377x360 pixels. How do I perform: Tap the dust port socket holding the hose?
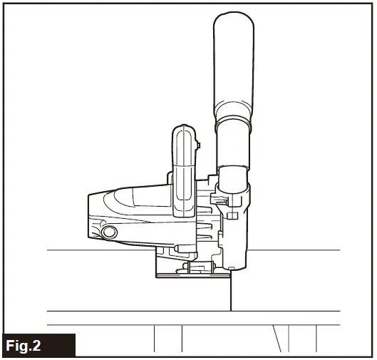235,178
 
